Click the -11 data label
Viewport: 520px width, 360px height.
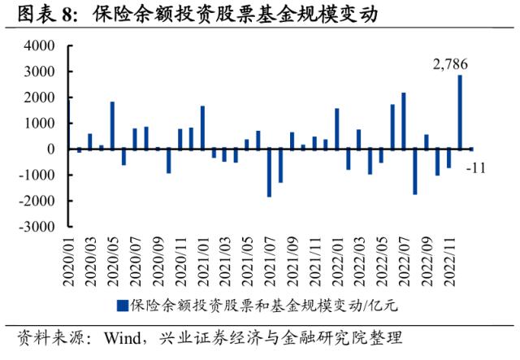tap(475, 167)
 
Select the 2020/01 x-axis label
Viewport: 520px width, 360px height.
tap(68, 260)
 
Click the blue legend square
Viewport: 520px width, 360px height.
tap(122, 306)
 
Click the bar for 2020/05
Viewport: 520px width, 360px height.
tap(113, 125)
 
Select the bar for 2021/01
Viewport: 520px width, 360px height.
tap(202, 128)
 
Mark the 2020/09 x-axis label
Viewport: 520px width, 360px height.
tap(158, 260)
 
